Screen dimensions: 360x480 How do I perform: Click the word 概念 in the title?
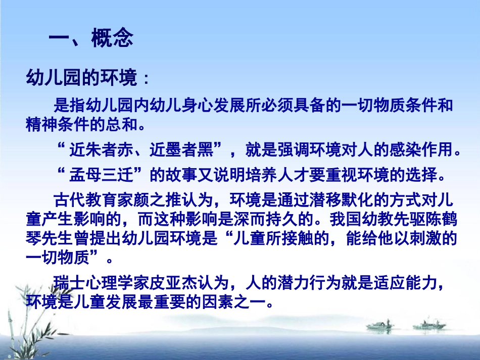click(112, 38)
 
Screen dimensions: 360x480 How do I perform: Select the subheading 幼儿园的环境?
click(81, 79)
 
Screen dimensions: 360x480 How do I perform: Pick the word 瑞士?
click(68, 282)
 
